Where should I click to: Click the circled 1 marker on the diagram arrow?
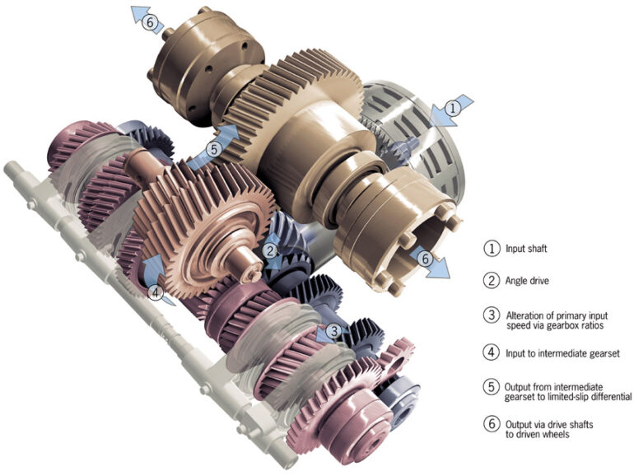(453, 109)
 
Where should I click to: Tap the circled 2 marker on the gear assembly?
(270, 251)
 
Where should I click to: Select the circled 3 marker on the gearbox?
(334, 332)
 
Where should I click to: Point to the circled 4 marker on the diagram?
(156, 292)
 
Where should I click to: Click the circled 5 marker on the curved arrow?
(214, 150)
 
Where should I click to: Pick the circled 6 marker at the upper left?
(150, 22)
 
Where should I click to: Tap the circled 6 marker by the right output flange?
(425, 258)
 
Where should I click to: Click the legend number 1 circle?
(492, 248)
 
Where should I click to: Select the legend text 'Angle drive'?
(527, 280)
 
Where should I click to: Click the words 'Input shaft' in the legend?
(526, 249)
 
